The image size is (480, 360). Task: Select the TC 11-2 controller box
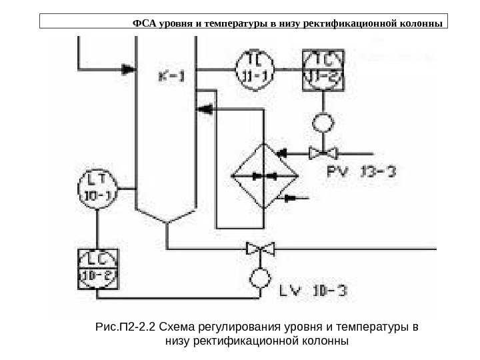(x=323, y=69)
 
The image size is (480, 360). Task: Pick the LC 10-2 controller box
(x=98, y=269)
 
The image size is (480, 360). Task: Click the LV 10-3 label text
(x=312, y=291)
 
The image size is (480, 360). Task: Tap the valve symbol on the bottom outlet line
(x=261, y=249)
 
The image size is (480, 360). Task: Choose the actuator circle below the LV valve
(x=261, y=276)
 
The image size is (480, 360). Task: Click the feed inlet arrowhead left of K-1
(x=127, y=68)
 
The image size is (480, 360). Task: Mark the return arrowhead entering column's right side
(x=206, y=109)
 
